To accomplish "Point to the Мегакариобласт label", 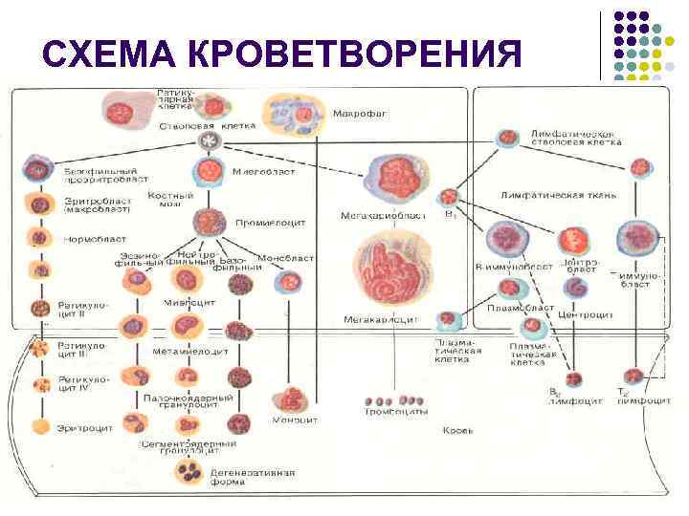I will coord(380,216).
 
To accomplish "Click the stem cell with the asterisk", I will coord(206,141).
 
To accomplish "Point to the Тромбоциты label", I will coord(394,413).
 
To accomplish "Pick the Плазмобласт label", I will coord(520,308).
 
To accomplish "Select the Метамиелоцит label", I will coord(190,351).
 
